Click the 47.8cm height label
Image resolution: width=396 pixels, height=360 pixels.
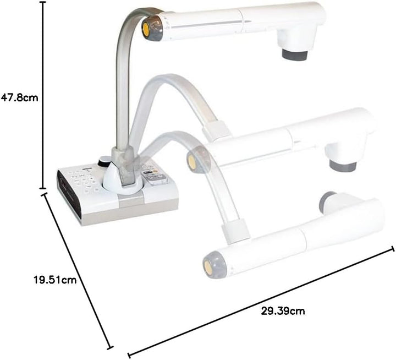tap(19, 97)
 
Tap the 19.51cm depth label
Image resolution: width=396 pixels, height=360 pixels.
tap(55, 280)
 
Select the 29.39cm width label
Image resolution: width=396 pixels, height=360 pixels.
tap(283, 310)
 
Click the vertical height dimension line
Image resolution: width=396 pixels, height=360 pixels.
tap(43, 95)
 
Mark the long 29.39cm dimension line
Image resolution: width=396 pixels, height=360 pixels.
tap(261, 302)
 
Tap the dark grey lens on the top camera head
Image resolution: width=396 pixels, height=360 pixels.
tap(295, 55)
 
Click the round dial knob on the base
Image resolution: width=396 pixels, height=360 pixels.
tap(104, 161)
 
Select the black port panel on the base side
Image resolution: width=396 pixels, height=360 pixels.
tap(69, 193)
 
